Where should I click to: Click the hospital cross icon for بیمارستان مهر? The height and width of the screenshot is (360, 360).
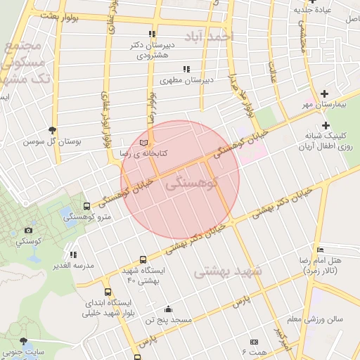coord(324,94)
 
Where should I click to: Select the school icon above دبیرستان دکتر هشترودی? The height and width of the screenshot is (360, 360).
coord(152,34)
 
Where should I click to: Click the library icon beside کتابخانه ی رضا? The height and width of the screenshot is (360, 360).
coord(145,142)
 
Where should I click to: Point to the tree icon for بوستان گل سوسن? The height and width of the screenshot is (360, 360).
coord(53,130)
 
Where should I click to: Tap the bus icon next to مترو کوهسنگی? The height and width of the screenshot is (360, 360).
coord(86,207)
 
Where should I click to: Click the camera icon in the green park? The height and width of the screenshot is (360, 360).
coord(29,230)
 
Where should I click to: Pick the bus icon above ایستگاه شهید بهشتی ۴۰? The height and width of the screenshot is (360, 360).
coord(143,259)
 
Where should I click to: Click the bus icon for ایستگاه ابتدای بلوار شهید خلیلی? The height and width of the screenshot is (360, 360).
coord(108,292)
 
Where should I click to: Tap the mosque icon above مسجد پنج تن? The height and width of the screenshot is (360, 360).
coord(167,309)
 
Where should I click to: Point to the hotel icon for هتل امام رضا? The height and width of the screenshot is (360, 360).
coord(321,250)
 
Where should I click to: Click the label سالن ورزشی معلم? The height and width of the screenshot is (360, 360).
coord(319,319)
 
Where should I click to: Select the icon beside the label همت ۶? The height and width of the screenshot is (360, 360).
coord(254,341)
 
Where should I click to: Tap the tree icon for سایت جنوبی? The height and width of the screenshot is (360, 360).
coord(24,340)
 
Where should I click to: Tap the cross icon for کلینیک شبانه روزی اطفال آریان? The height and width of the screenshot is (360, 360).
coord(326,125)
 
